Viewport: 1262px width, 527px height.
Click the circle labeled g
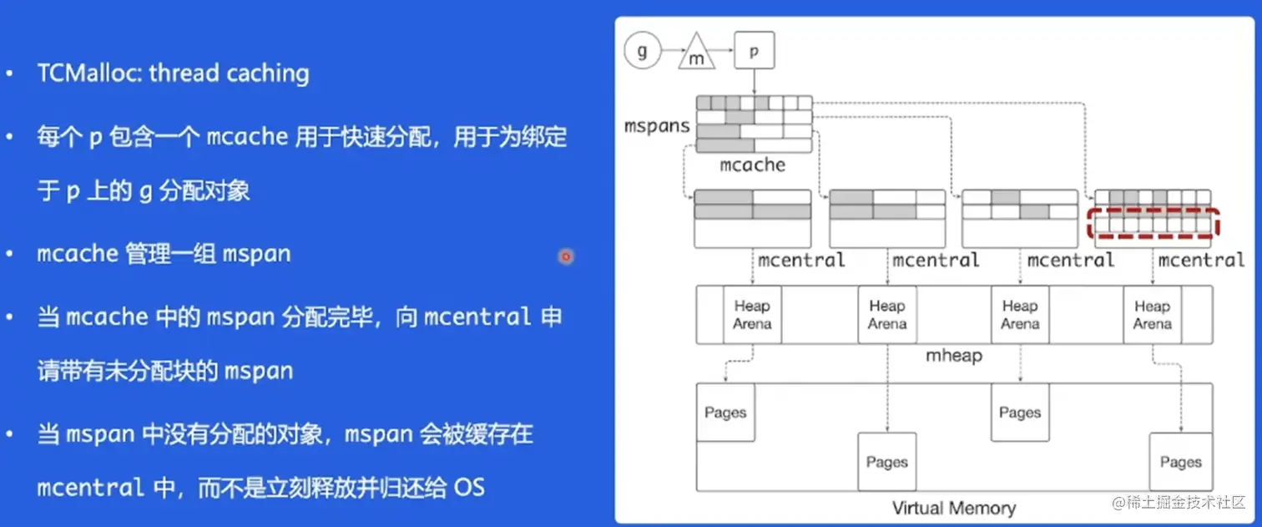(x=642, y=52)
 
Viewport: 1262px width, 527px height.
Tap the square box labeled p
(x=754, y=51)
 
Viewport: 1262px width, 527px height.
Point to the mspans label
(x=657, y=127)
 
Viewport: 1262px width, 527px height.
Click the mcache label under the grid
(x=752, y=165)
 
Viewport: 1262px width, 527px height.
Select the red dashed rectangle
(x=1154, y=224)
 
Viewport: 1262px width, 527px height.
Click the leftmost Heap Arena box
(x=752, y=315)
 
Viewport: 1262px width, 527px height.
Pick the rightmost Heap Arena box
(x=1152, y=315)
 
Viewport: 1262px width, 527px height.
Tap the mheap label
(x=954, y=356)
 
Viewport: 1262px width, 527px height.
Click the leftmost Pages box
(x=725, y=413)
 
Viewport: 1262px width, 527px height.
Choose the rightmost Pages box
(x=1180, y=462)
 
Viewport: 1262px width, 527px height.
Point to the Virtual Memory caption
(x=954, y=508)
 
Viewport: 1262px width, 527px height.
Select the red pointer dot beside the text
(x=566, y=256)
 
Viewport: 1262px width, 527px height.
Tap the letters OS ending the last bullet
(x=469, y=487)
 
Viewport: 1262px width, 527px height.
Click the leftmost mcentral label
(x=801, y=260)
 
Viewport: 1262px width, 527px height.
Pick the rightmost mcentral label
(x=1201, y=260)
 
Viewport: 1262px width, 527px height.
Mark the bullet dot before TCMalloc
(x=9, y=74)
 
